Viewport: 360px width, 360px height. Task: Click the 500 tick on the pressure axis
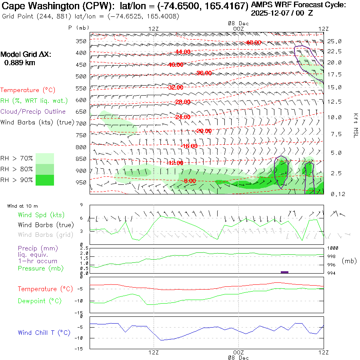[81, 76]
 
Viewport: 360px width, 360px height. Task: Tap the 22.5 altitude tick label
[334, 51]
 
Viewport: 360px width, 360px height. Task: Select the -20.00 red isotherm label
[204, 131]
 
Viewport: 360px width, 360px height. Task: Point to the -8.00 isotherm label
[189, 181]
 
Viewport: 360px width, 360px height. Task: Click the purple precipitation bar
[284, 272]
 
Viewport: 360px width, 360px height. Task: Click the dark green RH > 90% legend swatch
[45, 180]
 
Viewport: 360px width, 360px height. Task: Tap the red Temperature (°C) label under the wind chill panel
[45, 289]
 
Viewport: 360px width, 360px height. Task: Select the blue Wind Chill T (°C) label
[44, 332]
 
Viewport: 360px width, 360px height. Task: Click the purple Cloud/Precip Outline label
[33, 112]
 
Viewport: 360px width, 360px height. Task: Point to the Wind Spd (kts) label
[41, 215]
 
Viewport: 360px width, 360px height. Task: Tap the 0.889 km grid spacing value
[20, 62]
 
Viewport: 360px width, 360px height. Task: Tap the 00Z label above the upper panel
[238, 28]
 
